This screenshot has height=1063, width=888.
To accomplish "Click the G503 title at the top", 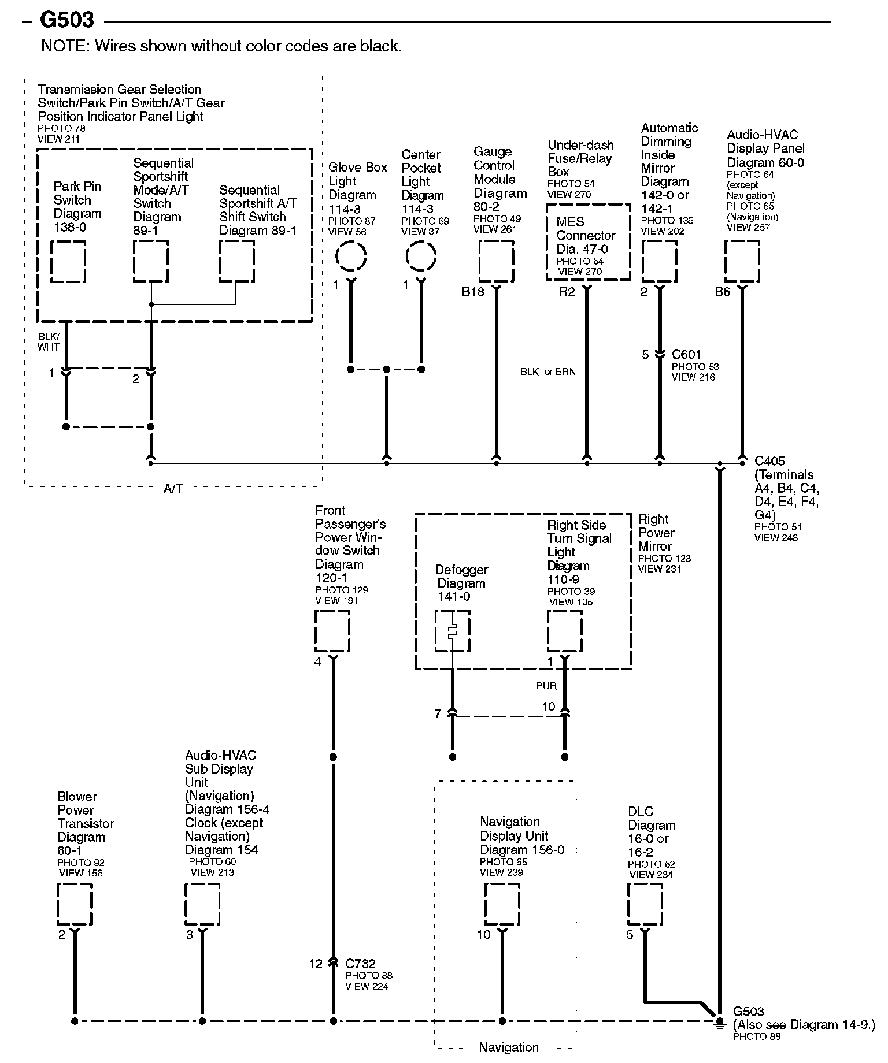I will tap(66, 21).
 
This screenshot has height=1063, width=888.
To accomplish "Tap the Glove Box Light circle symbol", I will tap(351, 256).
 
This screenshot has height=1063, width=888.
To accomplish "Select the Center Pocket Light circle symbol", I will tap(421, 256).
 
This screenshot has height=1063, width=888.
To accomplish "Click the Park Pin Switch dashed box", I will tap(68, 262).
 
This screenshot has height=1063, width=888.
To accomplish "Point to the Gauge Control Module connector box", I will tap(496, 261).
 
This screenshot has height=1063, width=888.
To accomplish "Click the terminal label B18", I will tap(472, 292).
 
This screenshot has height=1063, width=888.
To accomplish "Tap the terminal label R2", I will tap(567, 292).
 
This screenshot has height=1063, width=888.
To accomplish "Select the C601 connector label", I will tap(686, 354).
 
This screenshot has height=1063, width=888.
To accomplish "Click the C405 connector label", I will tap(769, 461).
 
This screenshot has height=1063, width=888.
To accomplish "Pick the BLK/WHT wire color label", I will tap(49, 341).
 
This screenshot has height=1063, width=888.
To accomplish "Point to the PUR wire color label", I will tap(546, 686).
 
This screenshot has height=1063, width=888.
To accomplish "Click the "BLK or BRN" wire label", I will tap(548, 371).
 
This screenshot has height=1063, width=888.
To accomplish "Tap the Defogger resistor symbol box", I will tap(452, 631).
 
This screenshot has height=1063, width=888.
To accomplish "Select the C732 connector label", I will tap(360, 964).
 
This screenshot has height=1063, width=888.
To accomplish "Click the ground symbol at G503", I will tap(719, 1022).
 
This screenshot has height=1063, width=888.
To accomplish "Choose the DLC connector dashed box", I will tap(645, 904).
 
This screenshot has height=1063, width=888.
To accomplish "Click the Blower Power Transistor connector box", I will tap(75, 904).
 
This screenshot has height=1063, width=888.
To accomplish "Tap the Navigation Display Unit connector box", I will tap(502, 904).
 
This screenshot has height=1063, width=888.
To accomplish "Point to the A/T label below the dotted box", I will tap(173, 489).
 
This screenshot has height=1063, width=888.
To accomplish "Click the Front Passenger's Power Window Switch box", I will tap(332, 631).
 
